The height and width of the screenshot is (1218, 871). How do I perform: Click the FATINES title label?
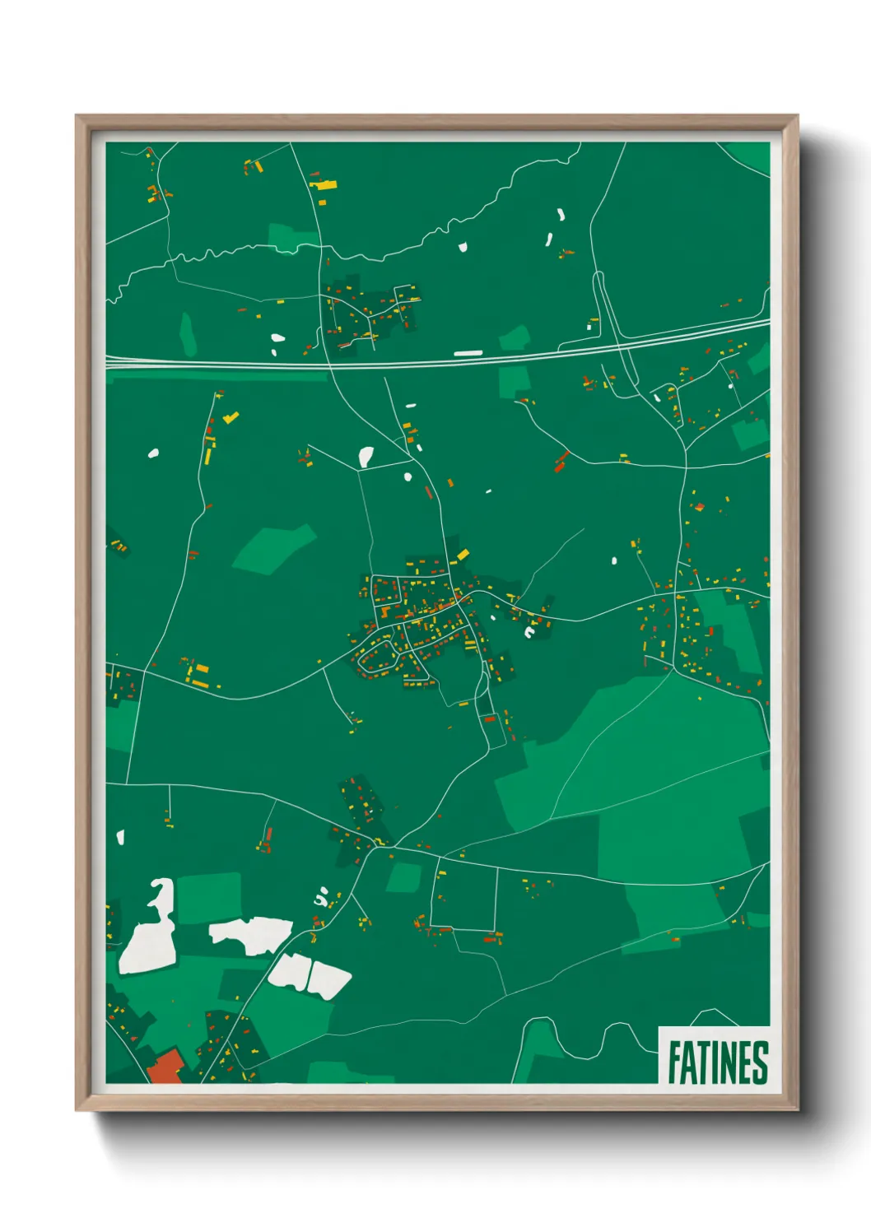(x=716, y=1062)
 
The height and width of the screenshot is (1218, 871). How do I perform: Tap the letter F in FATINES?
(x=674, y=1062)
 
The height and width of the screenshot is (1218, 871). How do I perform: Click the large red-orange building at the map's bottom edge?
(x=165, y=1067)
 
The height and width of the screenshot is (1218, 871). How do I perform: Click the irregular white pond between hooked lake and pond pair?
(x=249, y=934)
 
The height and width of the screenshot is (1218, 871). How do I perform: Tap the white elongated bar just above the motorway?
(x=468, y=353)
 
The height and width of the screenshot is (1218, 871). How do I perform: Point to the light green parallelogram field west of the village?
(x=273, y=546)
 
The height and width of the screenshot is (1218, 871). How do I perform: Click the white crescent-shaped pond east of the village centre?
(x=529, y=632)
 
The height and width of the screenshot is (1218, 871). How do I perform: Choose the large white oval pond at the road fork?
(x=366, y=455)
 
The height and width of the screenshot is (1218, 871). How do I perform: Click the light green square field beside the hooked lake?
(x=209, y=897)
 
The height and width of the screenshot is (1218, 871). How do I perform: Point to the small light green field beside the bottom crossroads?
(x=403, y=877)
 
